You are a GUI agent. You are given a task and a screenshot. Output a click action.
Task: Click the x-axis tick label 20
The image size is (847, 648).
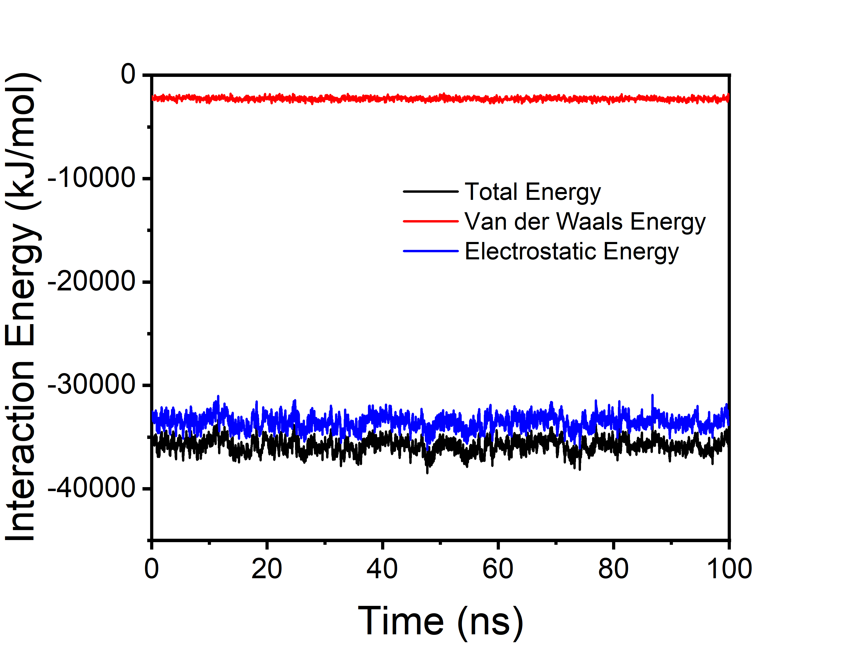point(267,569)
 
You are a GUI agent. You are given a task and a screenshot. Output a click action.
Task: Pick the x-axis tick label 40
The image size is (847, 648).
point(382,569)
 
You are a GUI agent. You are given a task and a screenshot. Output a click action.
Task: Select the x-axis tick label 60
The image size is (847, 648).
point(498,569)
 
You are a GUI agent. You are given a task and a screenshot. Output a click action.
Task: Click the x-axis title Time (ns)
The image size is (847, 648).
point(440,621)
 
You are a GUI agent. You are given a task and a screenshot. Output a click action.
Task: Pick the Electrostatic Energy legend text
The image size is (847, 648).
point(572,251)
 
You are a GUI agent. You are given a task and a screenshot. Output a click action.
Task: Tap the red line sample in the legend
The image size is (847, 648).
point(430,221)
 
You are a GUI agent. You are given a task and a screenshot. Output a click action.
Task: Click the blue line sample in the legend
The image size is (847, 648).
point(430,251)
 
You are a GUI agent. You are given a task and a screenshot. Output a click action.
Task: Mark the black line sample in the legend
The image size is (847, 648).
point(430,191)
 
